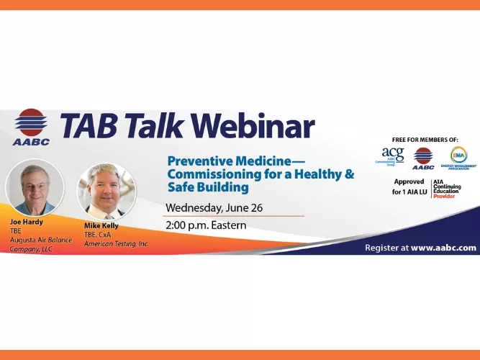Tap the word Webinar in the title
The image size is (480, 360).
[x=253, y=126]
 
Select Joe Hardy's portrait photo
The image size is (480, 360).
[x=35, y=186]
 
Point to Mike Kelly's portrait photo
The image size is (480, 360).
[x=106, y=189]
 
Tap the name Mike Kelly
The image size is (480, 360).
[x=101, y=225]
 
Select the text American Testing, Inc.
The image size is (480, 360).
[x=116, y=243]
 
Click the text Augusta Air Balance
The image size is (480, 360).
[x=41, y=239]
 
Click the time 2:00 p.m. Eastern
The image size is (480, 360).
[x=206, y=225]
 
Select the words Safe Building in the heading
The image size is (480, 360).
[x=207, y=187]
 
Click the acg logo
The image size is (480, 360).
[x=393, y=156]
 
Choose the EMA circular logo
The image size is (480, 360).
[x=458, y=156]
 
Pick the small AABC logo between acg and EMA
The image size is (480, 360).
[x=423, y=156]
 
